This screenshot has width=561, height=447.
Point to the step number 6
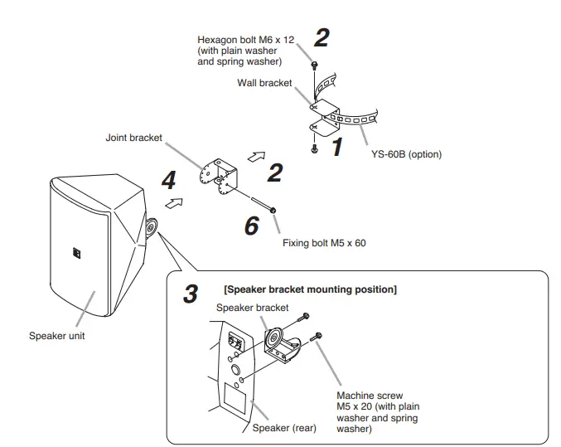click(251, 224)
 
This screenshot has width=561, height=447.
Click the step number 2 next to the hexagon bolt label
click(321, 38)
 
